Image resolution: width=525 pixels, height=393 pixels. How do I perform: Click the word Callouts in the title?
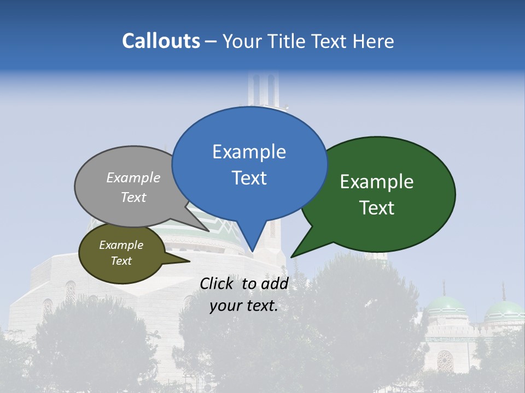pyautogui.click(x=161, y=41)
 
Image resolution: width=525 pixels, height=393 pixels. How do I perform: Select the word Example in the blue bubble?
pyautogui.click(x=249, y=152)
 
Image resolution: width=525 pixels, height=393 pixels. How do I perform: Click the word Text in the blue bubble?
pyautogui.click(x=249, y=178)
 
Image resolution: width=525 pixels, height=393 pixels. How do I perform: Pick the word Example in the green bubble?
pyautogui.click(x=377, y=182)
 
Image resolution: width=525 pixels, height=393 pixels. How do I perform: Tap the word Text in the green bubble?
pyautogui.click(x=377, y=208)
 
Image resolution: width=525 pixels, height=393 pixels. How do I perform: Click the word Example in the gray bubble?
pyautogui.click(x=133, y=177)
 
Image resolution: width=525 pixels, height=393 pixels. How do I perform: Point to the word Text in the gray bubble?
pyautogui.click(x=133, y=197)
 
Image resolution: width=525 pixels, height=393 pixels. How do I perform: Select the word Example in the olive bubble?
pyautogui.click(x=121, y=245)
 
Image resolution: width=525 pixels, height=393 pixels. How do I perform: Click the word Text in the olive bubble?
pyautogui.click(x=121, y=261)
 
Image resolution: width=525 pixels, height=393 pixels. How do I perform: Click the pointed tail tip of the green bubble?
pyautogui.click(x=291, y=257)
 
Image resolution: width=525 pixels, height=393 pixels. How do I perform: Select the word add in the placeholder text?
pyautogui.click(x=275, y=283)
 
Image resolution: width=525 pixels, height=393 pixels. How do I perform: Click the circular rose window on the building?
pyautogui.click(x=445, y=361)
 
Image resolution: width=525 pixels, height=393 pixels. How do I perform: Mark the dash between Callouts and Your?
pyautogui.click(x=211, y=41)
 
